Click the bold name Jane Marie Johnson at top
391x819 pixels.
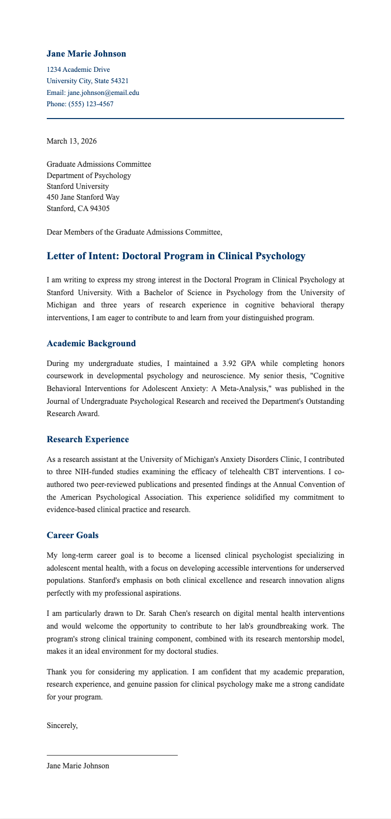[x=86, y=54]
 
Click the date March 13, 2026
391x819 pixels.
[x=71, y=141]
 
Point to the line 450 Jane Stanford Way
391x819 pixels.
[x=83, y=197]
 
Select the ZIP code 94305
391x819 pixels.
[x=99, y=208]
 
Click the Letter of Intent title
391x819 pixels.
[x=176, y=256]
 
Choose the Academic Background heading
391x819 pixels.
[x=91, y=343]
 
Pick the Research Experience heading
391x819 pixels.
[x=88, y=439]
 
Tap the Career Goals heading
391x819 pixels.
[x=72, y=535]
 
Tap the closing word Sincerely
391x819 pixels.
[x=62, y=725]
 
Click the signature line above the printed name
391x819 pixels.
[x=112, y=755]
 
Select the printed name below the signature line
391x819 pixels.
[x=78, y=766]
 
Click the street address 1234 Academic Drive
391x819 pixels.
[x=78, y=69]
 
